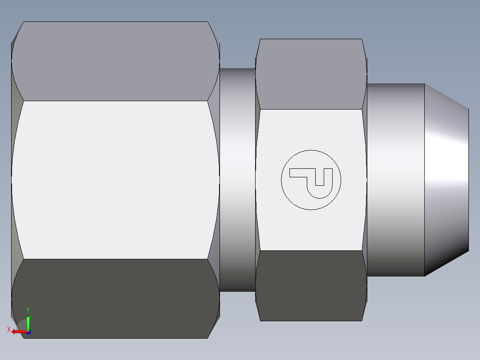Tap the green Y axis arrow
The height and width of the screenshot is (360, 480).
tap(28, 322)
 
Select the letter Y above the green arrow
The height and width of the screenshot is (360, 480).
tap(28, 310)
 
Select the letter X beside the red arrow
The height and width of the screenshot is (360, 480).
tap(9, 330)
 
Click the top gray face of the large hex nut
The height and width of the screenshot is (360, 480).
tap(115, 61)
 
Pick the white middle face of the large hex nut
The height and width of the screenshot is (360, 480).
tap(115, 180)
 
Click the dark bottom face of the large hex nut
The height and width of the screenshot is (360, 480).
tap(115, 299)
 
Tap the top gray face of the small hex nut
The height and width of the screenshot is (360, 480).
tap(310, 74)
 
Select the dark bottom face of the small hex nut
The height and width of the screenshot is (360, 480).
tap(310, 286)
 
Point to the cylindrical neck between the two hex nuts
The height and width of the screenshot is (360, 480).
tap(237, 180)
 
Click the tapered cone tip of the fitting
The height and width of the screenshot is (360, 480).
tap(445, 180)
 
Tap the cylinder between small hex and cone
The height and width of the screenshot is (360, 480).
tap(395, 180)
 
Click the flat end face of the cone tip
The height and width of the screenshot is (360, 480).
tap(468, 180)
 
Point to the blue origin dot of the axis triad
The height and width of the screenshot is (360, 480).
tap(28, 332)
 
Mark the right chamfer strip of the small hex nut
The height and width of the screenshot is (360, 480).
tap(365, 180)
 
